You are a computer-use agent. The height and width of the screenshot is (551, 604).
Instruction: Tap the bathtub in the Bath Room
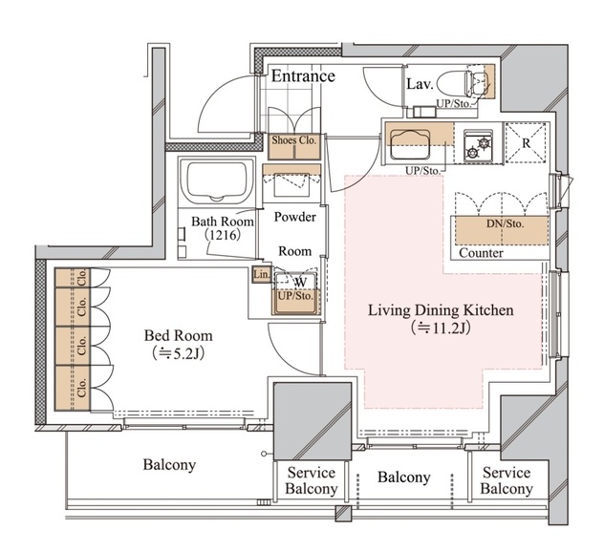click(x=216, y=180)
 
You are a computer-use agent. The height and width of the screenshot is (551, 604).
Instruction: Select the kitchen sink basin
click(x=410, y=144)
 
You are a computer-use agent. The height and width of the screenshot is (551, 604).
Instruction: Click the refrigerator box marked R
click(x=526, y=142)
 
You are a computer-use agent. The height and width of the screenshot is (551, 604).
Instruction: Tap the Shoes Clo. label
click(x=293, y=140)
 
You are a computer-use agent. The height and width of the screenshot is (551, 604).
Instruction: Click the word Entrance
click(x=303, y=75)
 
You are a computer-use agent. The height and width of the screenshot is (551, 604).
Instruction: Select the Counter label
click(x=481, y=253)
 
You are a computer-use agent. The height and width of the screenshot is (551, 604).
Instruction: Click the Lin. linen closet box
click(x=262, y=275)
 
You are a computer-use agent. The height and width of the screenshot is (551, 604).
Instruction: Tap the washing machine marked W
click(x=295, y=287)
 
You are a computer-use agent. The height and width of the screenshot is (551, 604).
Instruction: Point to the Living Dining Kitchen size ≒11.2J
click(x=441, y=328)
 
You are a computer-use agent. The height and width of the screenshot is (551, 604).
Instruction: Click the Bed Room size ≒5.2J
click(x=178, y=353)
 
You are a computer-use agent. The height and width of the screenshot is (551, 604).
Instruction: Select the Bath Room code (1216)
click(x=223, y=235)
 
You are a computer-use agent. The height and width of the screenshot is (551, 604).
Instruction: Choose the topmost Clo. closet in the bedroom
click(x=72, y=278)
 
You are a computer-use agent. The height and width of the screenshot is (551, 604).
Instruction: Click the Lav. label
click(x=421, y=84)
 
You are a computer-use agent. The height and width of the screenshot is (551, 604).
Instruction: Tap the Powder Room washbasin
click(x=291, y=185)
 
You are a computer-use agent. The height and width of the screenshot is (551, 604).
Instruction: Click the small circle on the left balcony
click(x=264, y=454)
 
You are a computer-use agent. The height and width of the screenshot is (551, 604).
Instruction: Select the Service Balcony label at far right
click(x=507, y=480)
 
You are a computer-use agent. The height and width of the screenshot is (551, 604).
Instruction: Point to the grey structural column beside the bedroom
click(x=313, y=421)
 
